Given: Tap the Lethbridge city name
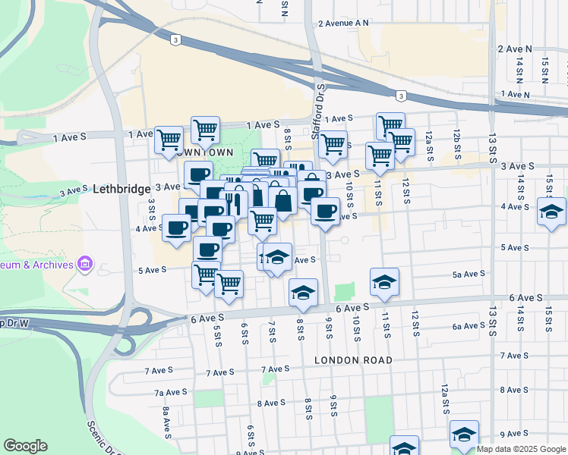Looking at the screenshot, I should coord(121,189).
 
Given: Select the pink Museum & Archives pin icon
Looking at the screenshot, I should coord(85,265).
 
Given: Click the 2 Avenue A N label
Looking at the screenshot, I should coord(343,23).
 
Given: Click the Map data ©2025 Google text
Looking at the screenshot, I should coord(521,449).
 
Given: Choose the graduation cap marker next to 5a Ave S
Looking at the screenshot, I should coord(385,282).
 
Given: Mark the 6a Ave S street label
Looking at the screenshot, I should coord(468,326).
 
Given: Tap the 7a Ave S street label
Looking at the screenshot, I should coord(170,392).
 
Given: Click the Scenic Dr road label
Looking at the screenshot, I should coord(103,438).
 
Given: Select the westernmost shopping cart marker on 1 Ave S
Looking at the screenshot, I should coord(169,140).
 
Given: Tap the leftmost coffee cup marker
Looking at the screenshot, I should coord(177,227).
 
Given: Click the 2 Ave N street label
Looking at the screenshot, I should coord(513,49).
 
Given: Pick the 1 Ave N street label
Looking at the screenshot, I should coord(515,94).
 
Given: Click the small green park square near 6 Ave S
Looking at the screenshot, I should coord(346,292).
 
